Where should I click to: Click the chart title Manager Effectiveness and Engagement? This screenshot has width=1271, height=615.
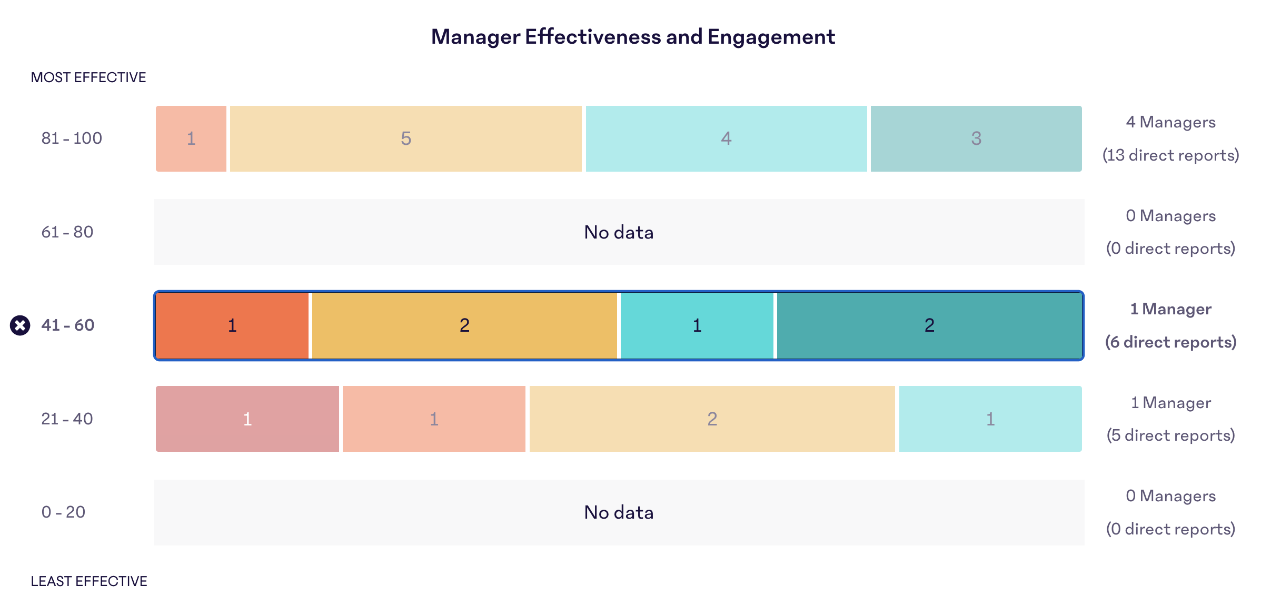[x=632, y=37]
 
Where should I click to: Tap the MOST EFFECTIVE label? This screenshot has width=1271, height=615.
[x=88, y=77]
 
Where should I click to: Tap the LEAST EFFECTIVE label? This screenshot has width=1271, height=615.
[x=88, y=581]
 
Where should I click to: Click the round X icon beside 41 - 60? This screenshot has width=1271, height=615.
[x=20, y=325]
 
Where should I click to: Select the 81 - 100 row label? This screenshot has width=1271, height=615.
[x=72, y=138]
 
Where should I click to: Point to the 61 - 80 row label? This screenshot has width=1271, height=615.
[x=67, y=232]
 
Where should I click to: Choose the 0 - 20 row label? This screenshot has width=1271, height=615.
[x=63, y=512]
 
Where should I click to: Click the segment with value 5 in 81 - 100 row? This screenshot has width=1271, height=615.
[x=405, y=138]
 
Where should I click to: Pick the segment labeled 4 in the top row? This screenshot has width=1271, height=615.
[x=726, y=138]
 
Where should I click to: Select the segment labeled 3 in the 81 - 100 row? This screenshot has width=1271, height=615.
[x=976, y=138]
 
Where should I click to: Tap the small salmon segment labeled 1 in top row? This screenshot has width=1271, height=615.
[x=191, y=138]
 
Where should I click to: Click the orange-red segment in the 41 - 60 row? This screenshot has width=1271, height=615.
[x=232, y=325]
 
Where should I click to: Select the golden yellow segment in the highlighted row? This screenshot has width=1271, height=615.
[x=464, y=325]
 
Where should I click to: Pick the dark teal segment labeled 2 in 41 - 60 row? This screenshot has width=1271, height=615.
[x=929, y=325]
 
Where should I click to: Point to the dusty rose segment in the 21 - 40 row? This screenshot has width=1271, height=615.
[x=247, y=419]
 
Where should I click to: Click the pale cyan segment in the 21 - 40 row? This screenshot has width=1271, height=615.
[x=990, y=419]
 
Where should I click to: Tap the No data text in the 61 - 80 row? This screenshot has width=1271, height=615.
[x=619, y=232]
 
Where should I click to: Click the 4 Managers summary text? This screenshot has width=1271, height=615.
[x=1170, y=122]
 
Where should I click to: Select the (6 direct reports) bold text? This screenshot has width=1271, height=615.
[x=1170, y=342]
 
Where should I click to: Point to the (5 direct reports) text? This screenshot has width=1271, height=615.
[x=1170, y=435]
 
